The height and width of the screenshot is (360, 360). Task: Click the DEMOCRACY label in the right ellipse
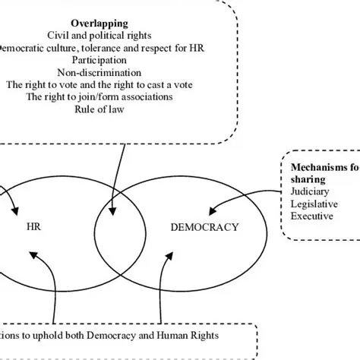[x=204, y=226]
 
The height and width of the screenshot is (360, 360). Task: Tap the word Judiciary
[x=310, y=192]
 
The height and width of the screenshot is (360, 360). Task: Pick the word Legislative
[x=313, y=204]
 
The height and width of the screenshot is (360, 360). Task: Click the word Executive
[x=311, y=216]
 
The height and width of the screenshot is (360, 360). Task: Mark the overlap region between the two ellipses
[x=119, y=228]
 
